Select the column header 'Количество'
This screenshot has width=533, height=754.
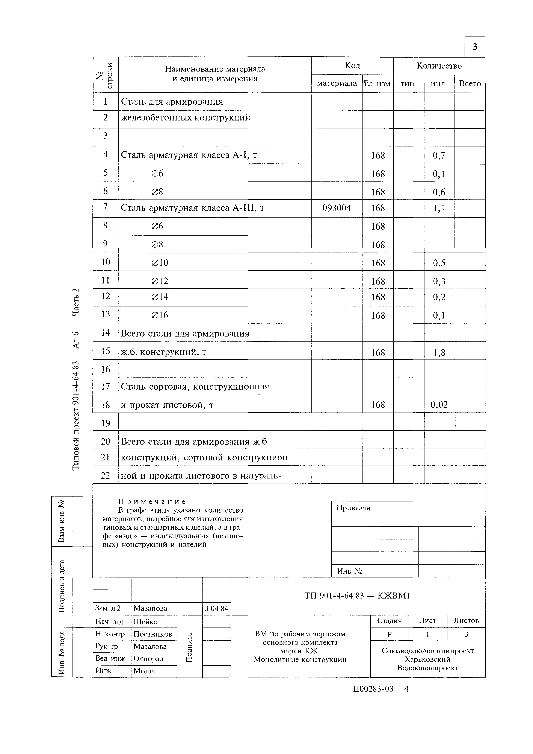pyautogui.click(x=439, y=66)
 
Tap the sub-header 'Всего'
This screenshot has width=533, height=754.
pyautogui.click(x=470, y=84)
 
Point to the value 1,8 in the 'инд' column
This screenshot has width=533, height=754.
pyautogui.click(x=439, y=353)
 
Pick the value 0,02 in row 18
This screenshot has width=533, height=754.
pyautogui.click(x=439, y=404)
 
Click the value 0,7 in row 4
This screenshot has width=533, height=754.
pyautogui.click(x=439, y=155)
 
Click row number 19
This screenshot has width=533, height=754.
pyautogui.click(x=105, y=423)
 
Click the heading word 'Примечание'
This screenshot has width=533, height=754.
pyautogui.click(x=152, y=502)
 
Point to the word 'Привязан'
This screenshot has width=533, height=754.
pyautogui.click(x=353, y=508)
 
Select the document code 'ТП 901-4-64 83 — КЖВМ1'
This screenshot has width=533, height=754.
pyautogui.click(x=357, y=596)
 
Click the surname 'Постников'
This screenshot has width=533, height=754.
pyautogui.click(x=153, y=634)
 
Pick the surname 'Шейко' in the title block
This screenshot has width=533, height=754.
pyautogui.click(x=145, y=621)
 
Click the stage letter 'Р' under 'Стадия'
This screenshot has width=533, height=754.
pyautogui.click(x=389, y=634)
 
